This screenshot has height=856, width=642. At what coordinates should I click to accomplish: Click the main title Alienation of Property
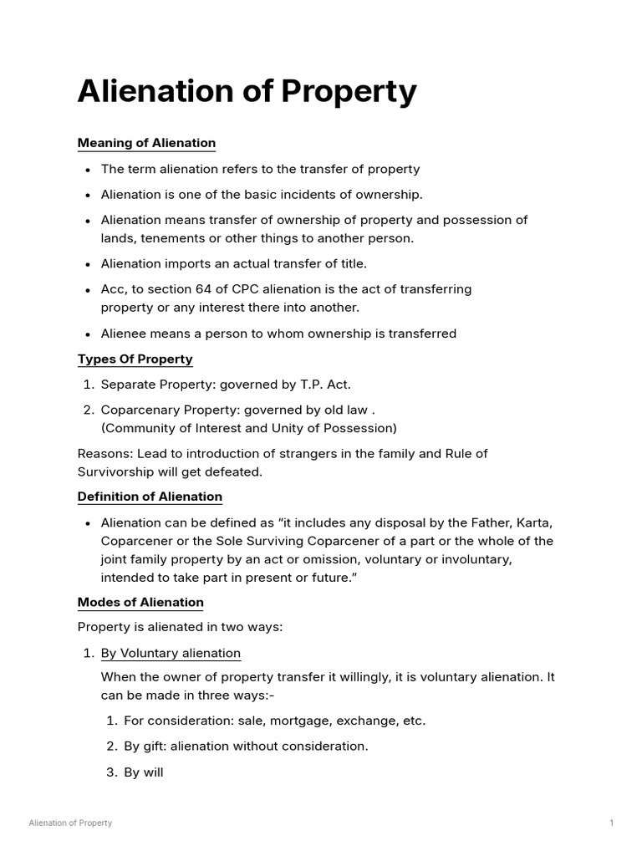247,91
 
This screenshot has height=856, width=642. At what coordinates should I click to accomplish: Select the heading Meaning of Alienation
146,143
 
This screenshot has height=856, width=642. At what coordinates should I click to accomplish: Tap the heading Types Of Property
135,359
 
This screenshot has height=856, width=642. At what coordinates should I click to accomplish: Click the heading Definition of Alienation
150,497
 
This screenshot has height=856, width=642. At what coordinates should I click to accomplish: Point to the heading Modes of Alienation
140,602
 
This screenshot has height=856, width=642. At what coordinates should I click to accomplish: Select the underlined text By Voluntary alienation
171,653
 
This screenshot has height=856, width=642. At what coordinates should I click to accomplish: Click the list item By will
143,772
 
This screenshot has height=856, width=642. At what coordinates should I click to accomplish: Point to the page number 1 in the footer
612,823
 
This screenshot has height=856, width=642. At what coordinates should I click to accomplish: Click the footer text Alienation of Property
70,823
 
